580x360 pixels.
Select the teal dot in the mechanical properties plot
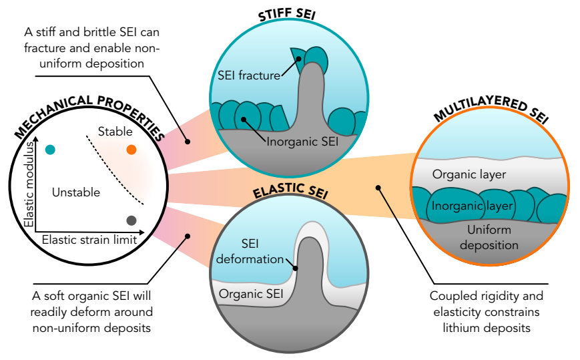coord(49,150)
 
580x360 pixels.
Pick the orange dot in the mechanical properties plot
coord(131,150)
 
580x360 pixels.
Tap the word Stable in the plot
coord(115,132)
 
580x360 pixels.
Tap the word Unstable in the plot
coord(75,192)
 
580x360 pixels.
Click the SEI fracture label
coord(249,75)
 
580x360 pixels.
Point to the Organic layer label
coord(469,174)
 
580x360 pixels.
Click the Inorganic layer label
coord(472,206)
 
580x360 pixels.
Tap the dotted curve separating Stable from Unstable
coord(115,170)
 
